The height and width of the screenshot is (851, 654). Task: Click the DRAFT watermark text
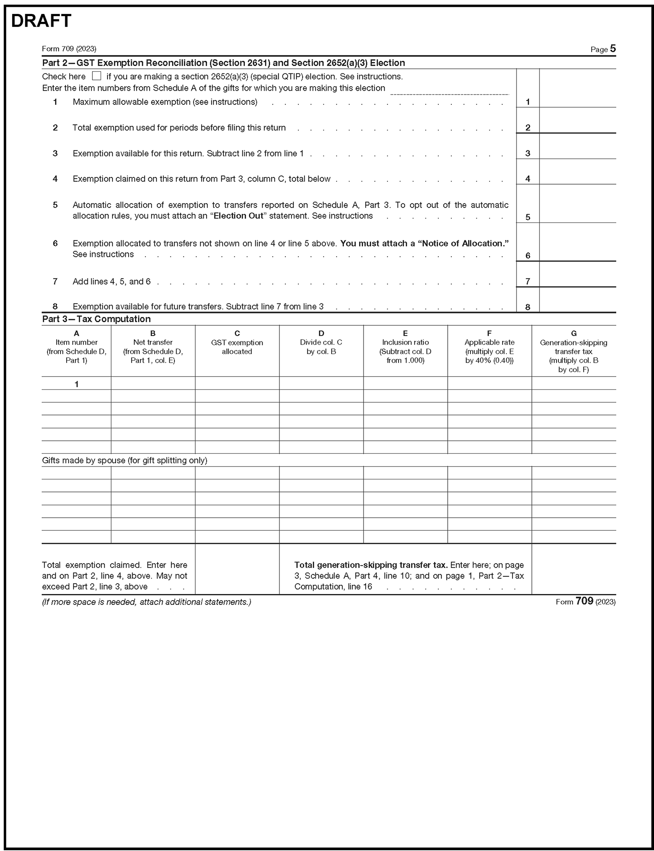tap(41, 21)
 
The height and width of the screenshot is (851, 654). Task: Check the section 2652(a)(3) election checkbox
tap(96, 76)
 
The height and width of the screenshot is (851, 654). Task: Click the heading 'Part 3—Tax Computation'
tap(96, 319)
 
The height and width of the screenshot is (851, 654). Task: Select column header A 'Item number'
tap(76, 347)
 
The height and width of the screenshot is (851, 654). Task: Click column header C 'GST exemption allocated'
tap(237, 343)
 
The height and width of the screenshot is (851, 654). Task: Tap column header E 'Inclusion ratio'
tap(405, 347)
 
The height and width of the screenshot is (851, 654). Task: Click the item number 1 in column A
tap(77, 384)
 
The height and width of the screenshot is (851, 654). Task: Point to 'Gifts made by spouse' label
tap(124, 460)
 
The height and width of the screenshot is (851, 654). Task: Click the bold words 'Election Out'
tap(238, 216)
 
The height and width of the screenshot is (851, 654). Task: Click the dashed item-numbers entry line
tap(450, 92)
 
